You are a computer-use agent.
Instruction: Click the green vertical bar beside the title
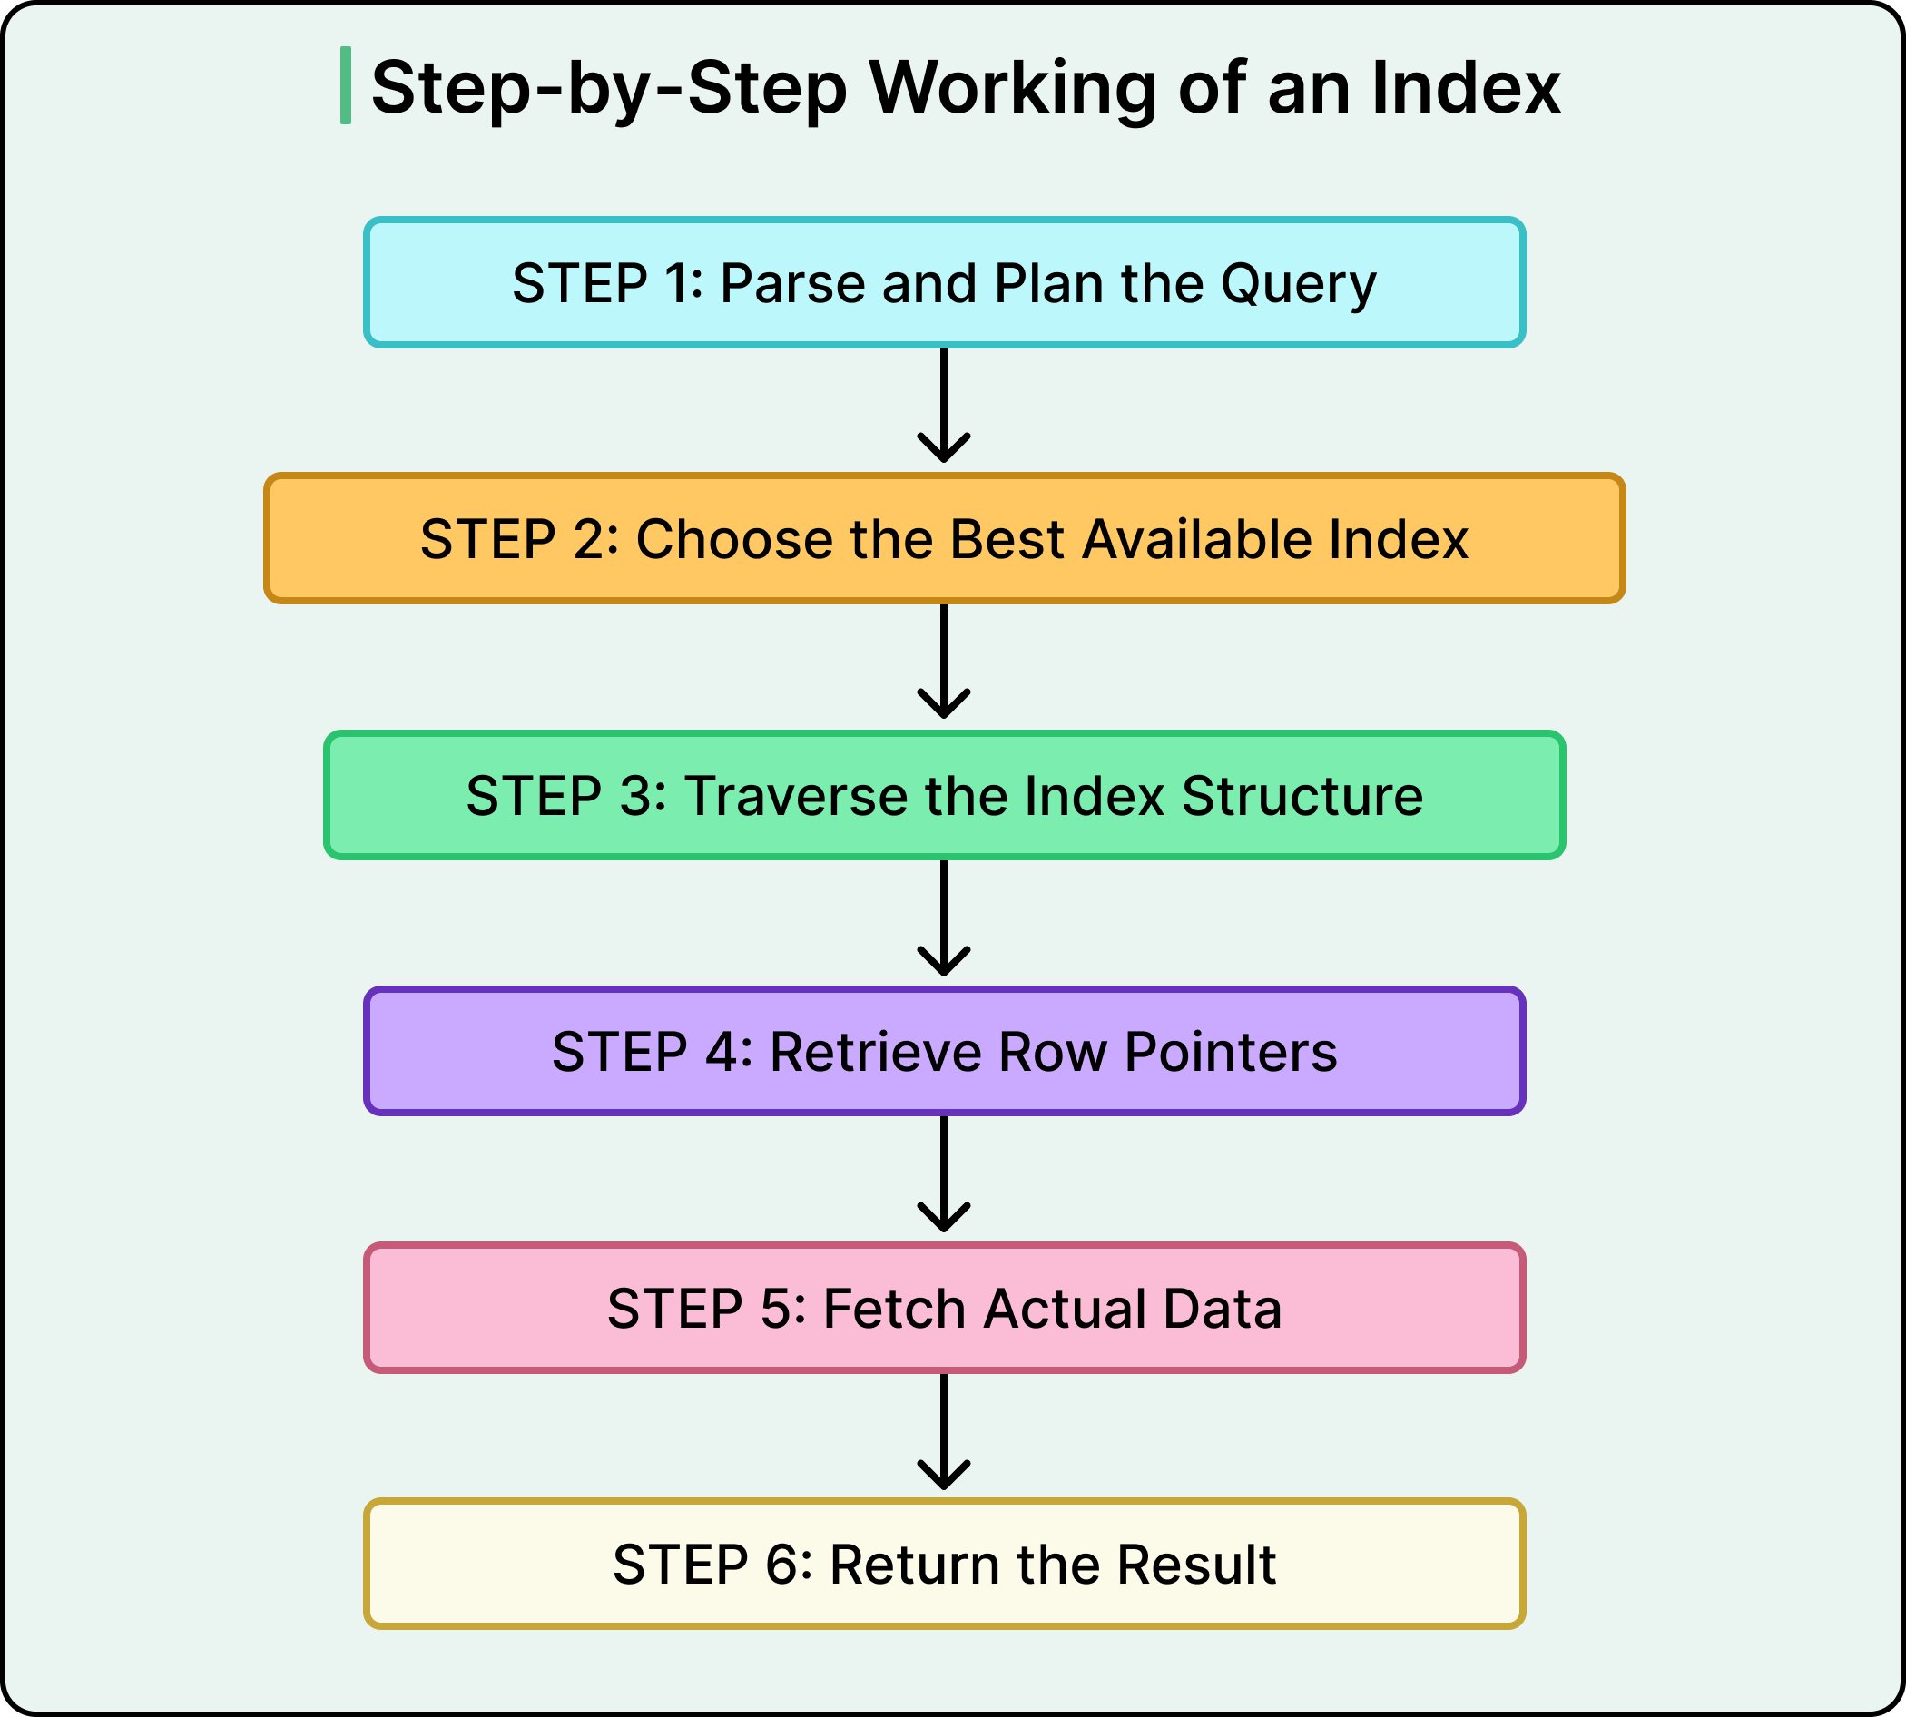[x=345, y=85]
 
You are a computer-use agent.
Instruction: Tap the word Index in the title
[x=1466, y=88]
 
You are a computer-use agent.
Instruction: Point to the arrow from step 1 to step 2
[x=944, y=406]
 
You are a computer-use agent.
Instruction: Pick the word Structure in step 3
[x=1302, y=796]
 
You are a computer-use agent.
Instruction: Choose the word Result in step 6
[x=1195, y=1565]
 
